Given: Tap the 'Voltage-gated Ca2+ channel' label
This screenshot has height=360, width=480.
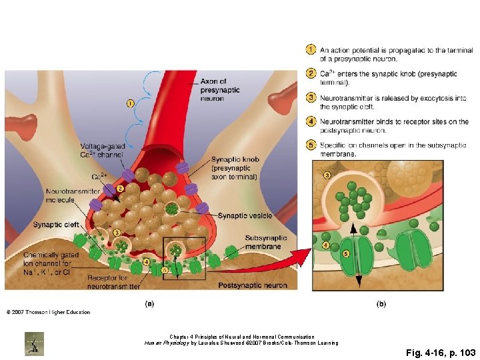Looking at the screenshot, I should (102, 150).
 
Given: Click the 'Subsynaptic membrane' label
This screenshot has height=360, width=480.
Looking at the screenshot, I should (266, 241).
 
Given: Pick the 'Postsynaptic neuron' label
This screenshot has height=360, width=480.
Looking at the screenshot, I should (253, 285).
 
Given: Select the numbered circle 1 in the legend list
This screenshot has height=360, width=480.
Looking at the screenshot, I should (311, 50).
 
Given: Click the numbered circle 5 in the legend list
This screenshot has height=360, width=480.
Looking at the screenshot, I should (311, 145).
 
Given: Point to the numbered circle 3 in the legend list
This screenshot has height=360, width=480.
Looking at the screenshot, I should (311, 98).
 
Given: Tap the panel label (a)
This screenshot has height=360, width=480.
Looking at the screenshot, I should (149, 303).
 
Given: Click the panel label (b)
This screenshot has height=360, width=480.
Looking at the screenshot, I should (381, 303).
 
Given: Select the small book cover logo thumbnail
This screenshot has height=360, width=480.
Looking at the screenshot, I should (35, 343).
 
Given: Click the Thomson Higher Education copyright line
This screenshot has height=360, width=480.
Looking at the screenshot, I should (48, 312).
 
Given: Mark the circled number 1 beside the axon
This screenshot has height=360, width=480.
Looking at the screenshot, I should (129, 103).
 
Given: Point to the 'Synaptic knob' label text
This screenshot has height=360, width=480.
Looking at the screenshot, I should (235, 160).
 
